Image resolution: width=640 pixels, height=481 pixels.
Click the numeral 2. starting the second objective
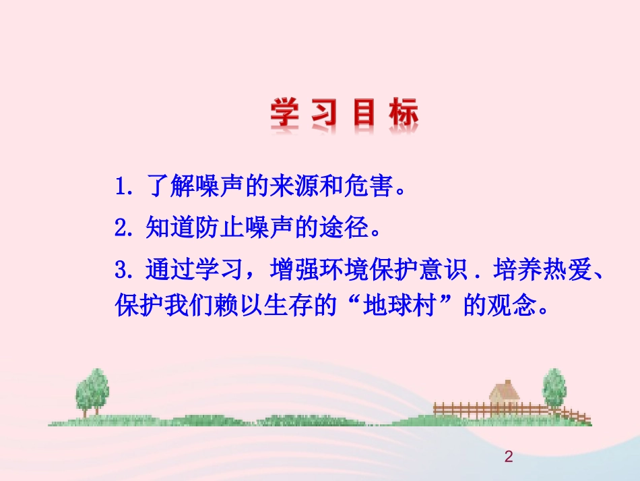coord(126,229)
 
